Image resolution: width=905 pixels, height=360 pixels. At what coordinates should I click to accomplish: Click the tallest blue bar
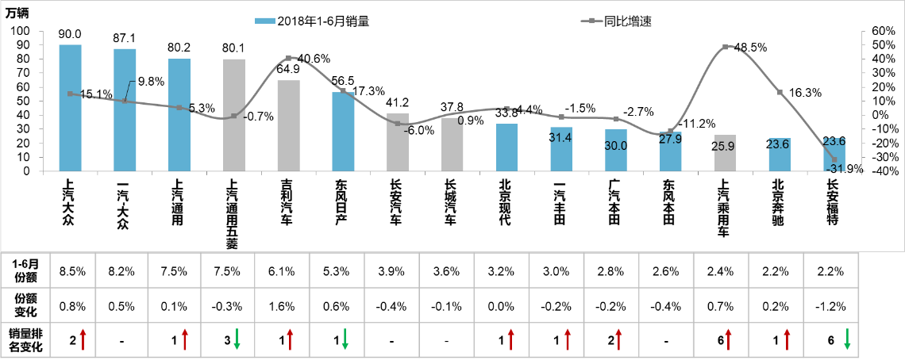click(71, 107)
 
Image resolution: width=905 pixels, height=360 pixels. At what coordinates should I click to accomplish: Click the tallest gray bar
click(234, 114)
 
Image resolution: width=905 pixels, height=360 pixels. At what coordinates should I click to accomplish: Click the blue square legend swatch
click(265, 21)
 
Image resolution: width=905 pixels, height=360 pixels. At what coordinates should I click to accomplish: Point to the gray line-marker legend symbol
click(592, 21)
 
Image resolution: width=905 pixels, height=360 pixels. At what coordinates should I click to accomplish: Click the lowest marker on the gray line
click(834, 159)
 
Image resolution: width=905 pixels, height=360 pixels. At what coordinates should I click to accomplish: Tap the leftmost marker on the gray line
click(71, 94)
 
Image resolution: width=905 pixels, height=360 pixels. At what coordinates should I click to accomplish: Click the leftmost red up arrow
click(83, 339)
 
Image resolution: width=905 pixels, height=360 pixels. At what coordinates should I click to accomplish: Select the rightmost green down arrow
click(847, 339)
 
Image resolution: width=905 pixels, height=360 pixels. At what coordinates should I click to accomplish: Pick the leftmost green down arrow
click(237, 339)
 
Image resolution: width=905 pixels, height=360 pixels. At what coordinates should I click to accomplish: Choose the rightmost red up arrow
click(787, 339)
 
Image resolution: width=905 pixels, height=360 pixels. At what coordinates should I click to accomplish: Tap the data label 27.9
click(671, 140)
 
